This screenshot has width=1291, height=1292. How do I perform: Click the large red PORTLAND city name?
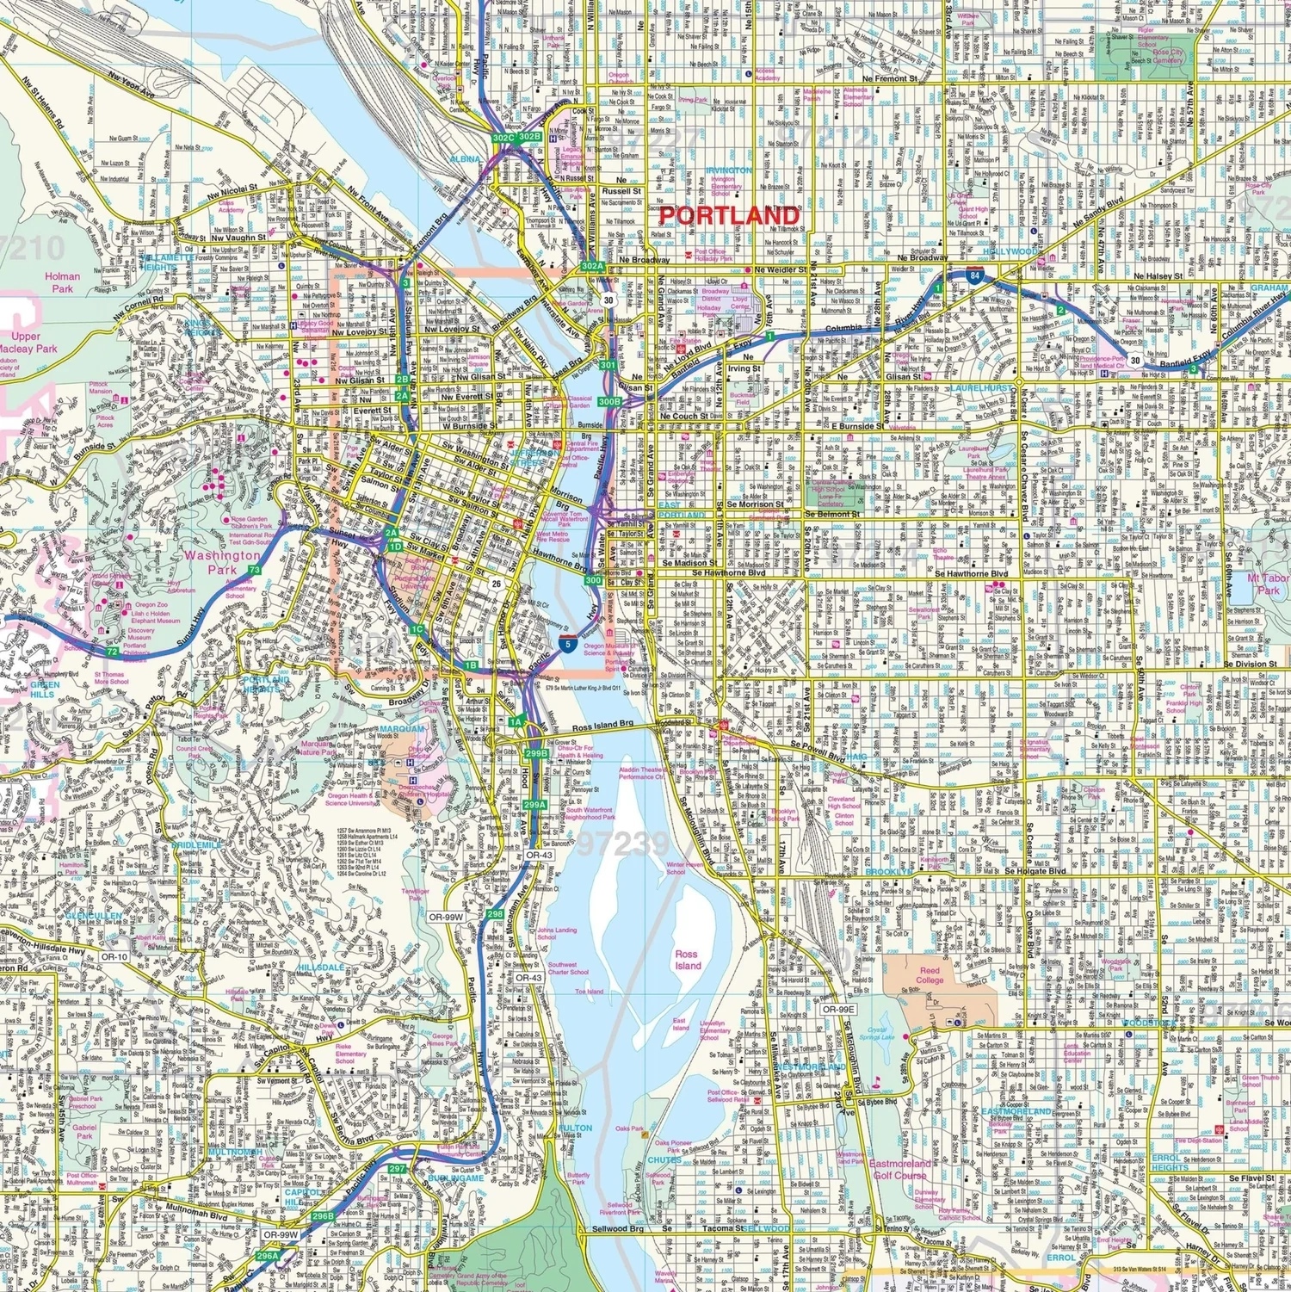729,215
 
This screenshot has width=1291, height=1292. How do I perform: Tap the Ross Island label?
687,960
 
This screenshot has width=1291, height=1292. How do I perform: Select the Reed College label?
930,975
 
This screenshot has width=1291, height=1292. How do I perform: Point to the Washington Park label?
221,562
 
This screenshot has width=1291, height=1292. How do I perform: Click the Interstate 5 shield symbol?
567,643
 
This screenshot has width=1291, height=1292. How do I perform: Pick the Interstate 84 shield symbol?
974,276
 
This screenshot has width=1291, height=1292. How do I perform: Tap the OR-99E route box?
837,1010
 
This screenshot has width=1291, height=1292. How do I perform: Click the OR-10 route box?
114,956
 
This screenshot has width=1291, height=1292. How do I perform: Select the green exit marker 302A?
592,267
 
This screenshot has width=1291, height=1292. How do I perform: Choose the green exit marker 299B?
536,753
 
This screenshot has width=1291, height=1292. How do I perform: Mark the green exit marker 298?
495,913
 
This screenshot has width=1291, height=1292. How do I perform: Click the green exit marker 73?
254,570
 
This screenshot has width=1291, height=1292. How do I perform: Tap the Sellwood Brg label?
617,1229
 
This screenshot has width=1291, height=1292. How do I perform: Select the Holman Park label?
63,282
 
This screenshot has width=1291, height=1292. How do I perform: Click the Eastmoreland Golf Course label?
899,1169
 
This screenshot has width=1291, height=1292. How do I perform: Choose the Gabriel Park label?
84,1131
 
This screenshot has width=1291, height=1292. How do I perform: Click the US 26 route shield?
497,584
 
